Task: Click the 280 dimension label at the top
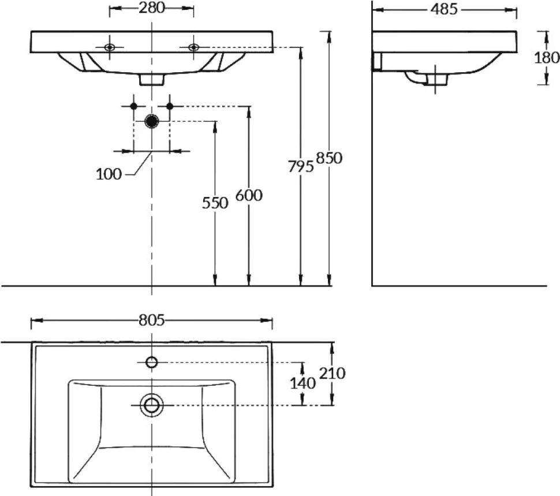point(152,8)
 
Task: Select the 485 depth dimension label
point(443,9)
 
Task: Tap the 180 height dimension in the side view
point(547,58)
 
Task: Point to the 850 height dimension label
point(329,158)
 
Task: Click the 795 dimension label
point(301,166)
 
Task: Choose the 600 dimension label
point(249,195)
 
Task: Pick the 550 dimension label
point(215,203)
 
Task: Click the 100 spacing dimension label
point(109,174)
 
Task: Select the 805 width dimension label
point(152,320)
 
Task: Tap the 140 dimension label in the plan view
point(303,383)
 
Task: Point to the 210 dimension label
point(332,374)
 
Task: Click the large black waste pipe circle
point(152,121)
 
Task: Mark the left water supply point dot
point(133,106)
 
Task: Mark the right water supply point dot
point(170,106)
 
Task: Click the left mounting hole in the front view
point(110,47)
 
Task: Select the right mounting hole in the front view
point(193,47)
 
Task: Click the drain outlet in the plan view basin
point(152,405)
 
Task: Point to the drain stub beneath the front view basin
point(152,80)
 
